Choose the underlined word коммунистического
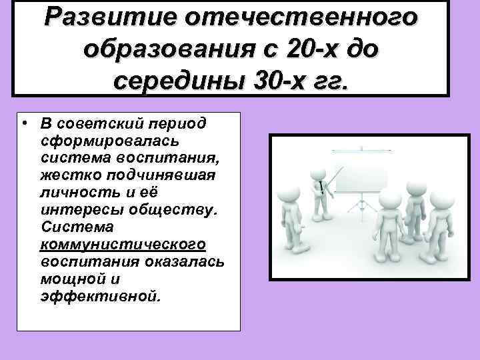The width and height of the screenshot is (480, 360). pyautogui.click(x=122, y=244)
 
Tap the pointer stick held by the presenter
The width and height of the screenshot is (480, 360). pyautogui.click(x=335, y=177)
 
